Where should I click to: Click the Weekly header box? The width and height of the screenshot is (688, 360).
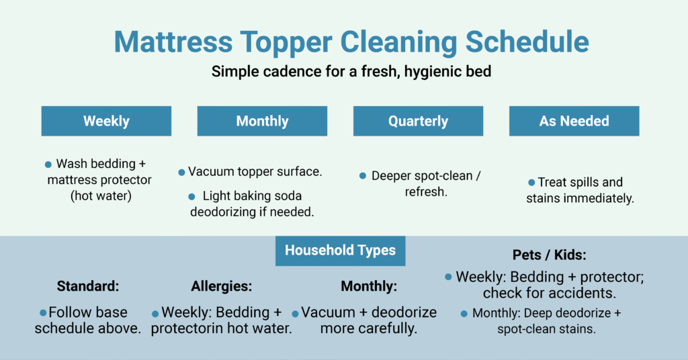pyautogui.click(x=106, y=122)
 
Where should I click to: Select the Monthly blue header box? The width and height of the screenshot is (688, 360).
pyautogui.click(x=262, y=122)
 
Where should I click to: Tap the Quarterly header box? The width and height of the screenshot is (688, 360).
pyautogui.click(x=418, y=122)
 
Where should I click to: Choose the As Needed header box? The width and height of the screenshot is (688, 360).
pyautogui.click(x=574, y=122)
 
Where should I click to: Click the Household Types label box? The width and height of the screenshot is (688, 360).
pyautogui.click(x=340, y=251)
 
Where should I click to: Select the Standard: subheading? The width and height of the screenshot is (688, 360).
pyautogui.click(x=88, y=285)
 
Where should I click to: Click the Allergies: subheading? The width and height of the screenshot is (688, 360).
pyautogui.click(x=222, y=285)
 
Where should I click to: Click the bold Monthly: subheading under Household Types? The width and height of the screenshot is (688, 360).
pyautogui.click(x=369, y=285)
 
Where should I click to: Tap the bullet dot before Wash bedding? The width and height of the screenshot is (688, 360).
pyautogui.click(x=48, y=164)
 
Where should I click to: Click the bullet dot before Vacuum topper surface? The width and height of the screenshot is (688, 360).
pyautogui.click(x=181, y=173)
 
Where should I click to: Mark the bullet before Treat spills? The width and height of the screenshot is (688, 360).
pyautogui.click(x=531, y=183)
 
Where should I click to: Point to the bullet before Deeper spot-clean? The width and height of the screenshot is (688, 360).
pyautogui.click(x=363, y=176)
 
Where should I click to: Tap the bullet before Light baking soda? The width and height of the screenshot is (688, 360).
pyautogui.click(x=192, y=197)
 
